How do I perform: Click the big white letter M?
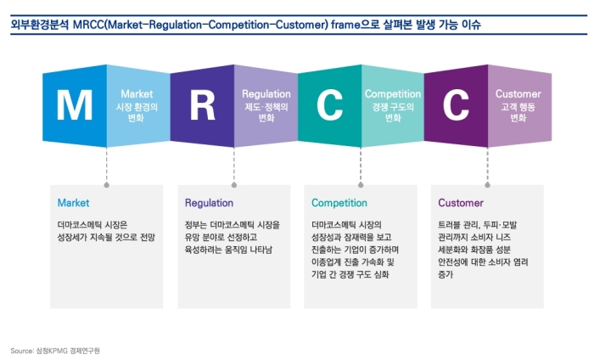click(75, 105)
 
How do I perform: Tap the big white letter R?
click(203, 105)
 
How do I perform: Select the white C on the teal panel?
click(329, 105)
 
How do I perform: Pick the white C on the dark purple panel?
click(457, 105)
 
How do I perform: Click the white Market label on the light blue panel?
click(137, 94)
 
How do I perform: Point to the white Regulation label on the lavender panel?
click(266, 94)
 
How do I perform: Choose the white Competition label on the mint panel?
click(393, 94)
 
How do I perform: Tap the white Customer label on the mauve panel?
click(518, 94)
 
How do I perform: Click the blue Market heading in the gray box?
click(74, 203)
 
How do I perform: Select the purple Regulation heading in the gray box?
click(209, 203)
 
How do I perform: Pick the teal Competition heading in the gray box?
click(339, 203)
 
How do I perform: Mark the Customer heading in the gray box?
click(461, 203)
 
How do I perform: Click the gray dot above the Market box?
click(106, 185)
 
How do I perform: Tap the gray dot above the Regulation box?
click(234, 185)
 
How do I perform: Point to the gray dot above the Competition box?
click(361, 185)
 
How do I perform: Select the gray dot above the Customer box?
click(488, 185)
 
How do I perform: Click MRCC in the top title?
click(88, 25)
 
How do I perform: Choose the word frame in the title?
click(345, 25)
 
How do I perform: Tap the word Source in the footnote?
click(22, 351)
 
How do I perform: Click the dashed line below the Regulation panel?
click(234, 165)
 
